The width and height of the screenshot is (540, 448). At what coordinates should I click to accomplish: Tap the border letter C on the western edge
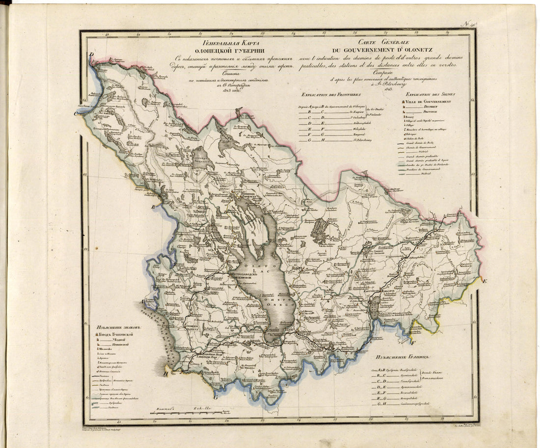[77, 114]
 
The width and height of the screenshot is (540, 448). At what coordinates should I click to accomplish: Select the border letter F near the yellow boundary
[413, 343]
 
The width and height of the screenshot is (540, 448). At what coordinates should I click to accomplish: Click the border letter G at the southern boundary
[215, 391]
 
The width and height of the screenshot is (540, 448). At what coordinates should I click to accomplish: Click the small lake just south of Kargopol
[375, 307]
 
